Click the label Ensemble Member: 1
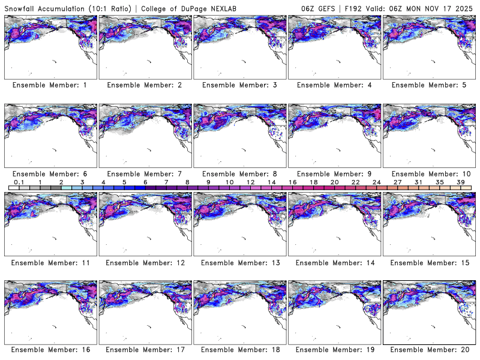(x=49, y=85)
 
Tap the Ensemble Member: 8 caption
(x=239, y=174)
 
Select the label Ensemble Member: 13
(x=239, y=262)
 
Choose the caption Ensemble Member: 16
(x=49, y=350)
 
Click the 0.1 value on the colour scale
(x=19, y=182)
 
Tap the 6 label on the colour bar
(x=145, y=182)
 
